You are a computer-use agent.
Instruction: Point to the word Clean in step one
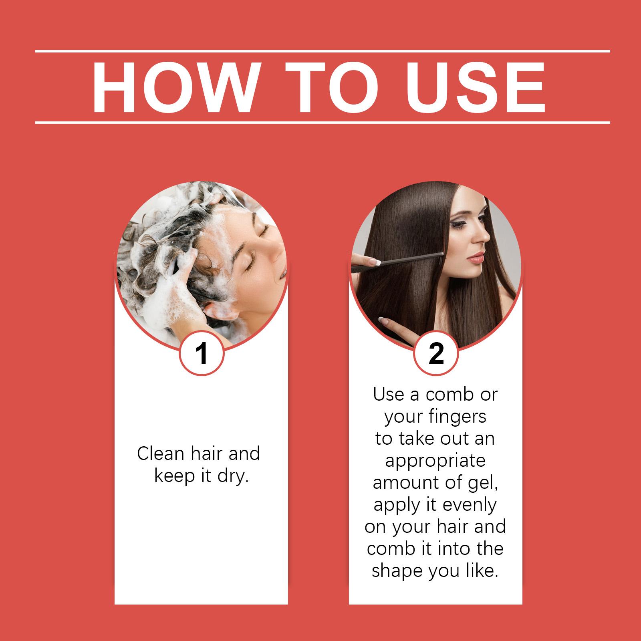(161, 454)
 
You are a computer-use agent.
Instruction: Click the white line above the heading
(323, 51)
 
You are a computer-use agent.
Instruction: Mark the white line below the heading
(323, 122)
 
